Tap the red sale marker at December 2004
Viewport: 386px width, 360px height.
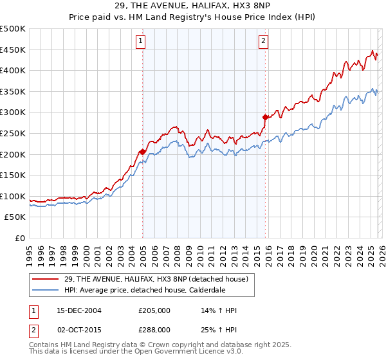pyautogui.click(x=142, y=152)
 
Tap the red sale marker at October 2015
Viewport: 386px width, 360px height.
pyautogui.click(x=264, y=117)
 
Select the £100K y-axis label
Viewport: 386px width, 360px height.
pyautogui.click(x=13, y=197)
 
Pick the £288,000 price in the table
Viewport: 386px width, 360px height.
pyautogui.click(x=154, y=329)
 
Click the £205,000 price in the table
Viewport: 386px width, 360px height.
pyautogui.click(x=154, y=310)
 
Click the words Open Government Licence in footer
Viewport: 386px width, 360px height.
pyautogui.click(x=174, y=352)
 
